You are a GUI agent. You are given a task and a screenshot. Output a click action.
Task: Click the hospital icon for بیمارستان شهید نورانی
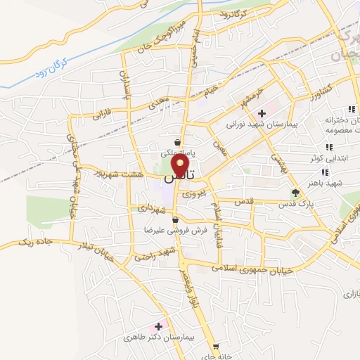(262, 112)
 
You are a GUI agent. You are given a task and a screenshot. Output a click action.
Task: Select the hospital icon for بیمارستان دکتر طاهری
(158, 326)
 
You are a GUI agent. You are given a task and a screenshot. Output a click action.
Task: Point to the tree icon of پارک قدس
(295, 193)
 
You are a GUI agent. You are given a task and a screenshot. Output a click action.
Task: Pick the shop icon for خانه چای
(216, 345)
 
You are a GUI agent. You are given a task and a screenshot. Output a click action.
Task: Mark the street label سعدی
(156, 104)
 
